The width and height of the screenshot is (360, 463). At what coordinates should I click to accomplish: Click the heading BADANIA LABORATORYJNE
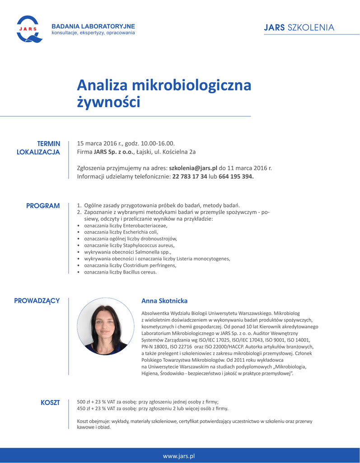pos(93,26)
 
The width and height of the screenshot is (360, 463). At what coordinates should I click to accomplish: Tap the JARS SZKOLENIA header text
pos(299,28)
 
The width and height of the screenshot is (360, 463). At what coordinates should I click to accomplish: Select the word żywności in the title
pos(108,102)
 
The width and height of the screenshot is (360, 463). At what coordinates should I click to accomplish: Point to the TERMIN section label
pos(48,143)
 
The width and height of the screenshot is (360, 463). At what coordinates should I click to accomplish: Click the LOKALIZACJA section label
pos(38,152)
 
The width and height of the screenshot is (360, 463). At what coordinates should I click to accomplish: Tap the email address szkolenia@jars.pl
pos(193,168)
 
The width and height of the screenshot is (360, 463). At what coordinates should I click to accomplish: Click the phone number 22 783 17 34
pos(190,176)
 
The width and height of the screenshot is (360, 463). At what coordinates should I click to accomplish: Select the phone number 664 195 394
pos(236,176)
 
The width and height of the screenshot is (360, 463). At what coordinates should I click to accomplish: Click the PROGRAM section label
pos(43,206)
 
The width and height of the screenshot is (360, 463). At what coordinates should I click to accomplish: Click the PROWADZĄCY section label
pos(37,301)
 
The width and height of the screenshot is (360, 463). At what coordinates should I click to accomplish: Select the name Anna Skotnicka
pos(164,301)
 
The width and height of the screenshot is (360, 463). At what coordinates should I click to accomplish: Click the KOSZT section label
pos(50,402)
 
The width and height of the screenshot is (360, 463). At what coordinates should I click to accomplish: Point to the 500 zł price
pos(83,402)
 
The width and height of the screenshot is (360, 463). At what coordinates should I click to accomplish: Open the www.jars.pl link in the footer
pos(179,456)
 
